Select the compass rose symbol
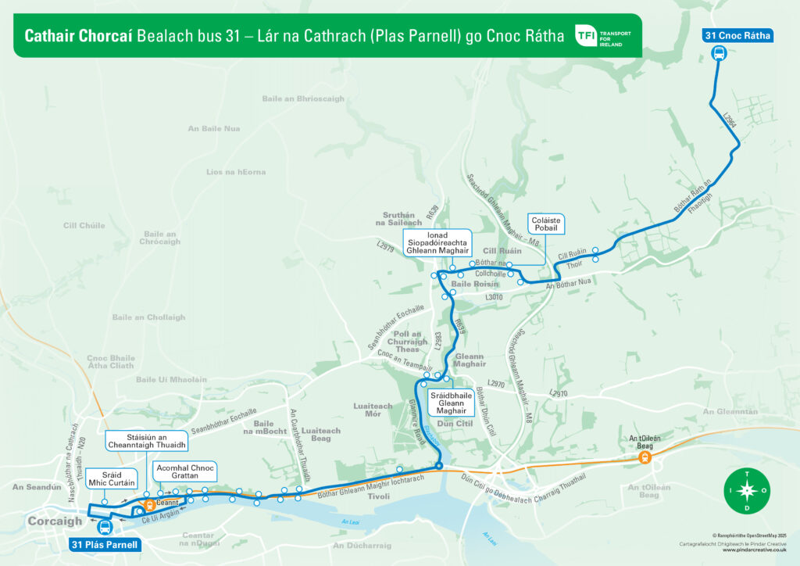[747, 492]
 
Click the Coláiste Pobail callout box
[546, 224]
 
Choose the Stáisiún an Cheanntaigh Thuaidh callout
[147, 441]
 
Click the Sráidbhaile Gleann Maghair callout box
[451, 403]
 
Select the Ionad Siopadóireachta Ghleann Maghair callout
[437, 242]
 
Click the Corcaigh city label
[55, 521]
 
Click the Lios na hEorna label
[236, 172]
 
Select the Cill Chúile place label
[84, 226]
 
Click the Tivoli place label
[378, 496]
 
